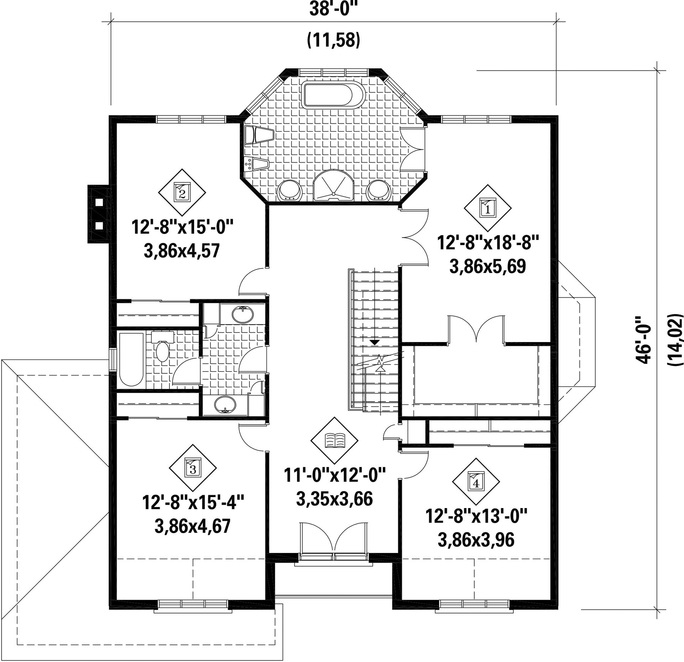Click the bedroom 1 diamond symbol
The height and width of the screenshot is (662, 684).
coord(488,208)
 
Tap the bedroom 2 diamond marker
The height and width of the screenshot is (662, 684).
coord(182,193)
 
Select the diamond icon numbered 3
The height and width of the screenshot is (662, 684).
coord(193,468)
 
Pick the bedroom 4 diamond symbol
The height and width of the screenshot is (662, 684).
coord(476,481)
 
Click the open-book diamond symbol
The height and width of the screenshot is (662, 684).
coord(334,440)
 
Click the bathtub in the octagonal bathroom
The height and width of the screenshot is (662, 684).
coord(334,94)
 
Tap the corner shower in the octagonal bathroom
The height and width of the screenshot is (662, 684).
coord(334,185)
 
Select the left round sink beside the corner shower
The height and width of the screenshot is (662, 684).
coord(290,190)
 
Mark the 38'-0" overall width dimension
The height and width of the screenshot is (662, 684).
coord(334,10)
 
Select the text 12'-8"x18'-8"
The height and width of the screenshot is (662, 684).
coord(488,242)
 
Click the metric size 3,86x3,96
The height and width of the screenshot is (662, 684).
coord(476,539)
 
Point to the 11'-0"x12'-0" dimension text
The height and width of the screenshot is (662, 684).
coord(335,475)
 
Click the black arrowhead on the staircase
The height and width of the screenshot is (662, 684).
coord(375,342)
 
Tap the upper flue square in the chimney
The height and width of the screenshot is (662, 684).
coord(99,202)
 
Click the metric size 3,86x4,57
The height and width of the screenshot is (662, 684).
coord(182,251)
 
